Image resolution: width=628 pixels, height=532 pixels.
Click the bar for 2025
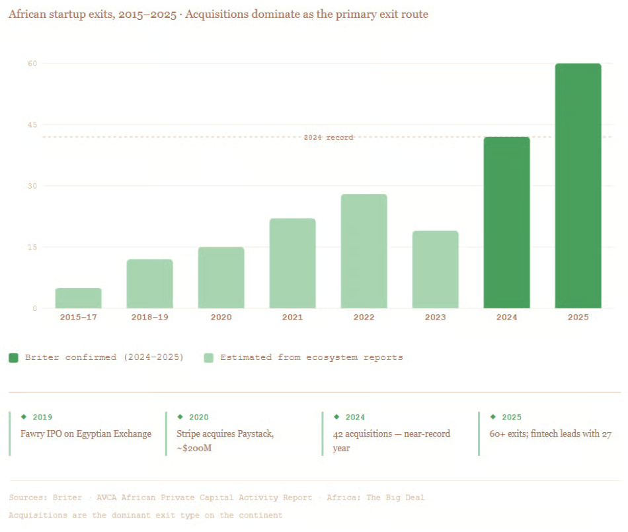(x=578, y=186)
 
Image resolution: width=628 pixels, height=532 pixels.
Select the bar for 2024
(x=506, y=222)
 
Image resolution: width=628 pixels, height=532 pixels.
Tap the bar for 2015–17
(x=78, y=298)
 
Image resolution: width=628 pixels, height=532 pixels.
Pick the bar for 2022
(x=364, y=251)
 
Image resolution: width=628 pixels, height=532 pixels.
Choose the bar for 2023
(x=435, y=269)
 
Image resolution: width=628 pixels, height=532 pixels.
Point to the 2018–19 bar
(x=149, y=284)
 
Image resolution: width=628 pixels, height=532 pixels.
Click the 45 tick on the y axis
(x=32, y=125)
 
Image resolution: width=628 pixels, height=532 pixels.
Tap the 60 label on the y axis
(x=32, y=64)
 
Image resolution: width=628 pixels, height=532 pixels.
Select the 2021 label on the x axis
(x=292, y=318)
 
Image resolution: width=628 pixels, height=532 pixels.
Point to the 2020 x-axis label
(x=221, y=318)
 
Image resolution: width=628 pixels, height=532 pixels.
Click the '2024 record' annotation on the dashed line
(x=329, y=138)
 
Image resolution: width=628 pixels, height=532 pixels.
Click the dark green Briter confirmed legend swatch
(x=14, y=357)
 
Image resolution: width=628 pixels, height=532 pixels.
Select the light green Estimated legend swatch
(x=209, y=357)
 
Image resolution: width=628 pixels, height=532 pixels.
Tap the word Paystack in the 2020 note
(x=255, y=434)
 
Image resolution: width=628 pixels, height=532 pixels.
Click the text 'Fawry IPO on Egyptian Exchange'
(x=86, y=434)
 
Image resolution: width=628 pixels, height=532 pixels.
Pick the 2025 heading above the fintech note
(x=511, y=418)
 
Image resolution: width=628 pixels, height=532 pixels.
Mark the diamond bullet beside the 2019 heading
(x=24, y=417)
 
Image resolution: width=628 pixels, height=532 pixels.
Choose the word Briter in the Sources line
(x=67, y=498)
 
